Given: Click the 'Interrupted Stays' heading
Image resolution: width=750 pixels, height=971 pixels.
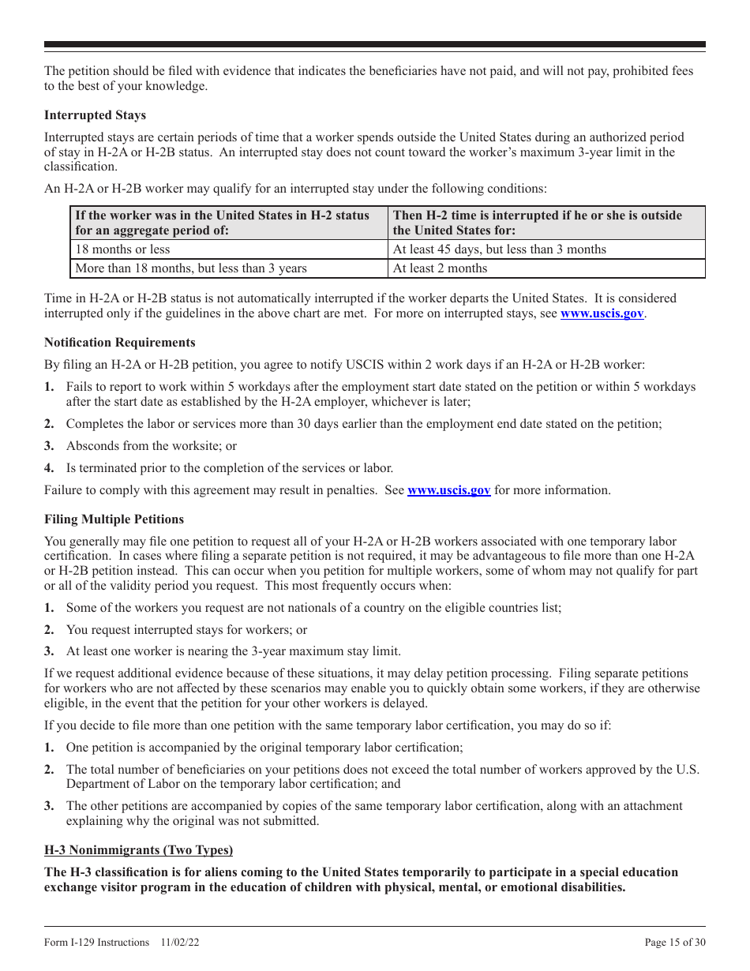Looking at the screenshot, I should (x=95, y=115).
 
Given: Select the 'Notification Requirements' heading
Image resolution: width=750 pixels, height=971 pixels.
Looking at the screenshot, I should (x=119, y=343).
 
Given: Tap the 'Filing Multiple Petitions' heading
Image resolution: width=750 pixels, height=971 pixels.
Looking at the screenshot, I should (x=114, y=519).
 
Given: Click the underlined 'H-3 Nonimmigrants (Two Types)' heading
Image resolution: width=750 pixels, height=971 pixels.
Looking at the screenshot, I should (x=138, y=850).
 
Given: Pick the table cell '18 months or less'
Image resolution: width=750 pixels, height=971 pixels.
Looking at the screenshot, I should (x=122, y=249).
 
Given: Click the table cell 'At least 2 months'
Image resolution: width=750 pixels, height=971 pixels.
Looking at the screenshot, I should (x=440, y=268).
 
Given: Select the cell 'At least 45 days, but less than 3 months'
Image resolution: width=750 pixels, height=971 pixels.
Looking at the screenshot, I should (x=499, y=249).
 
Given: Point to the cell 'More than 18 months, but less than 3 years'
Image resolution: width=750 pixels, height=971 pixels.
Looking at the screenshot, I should (x=191, y=268).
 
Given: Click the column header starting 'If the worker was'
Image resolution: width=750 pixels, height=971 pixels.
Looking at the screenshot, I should (x=222, y=223).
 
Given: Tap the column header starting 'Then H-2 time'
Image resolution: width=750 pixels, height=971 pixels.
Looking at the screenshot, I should (x=537, y=223).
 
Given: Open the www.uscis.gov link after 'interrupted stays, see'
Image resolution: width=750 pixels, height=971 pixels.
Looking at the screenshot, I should (x=602, y=313).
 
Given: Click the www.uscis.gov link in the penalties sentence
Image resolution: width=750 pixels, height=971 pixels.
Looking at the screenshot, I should (x=448, y=490).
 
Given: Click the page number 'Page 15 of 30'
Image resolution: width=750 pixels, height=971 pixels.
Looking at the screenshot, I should (x=675, y=942).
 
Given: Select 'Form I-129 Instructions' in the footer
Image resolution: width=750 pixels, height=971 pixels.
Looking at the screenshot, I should (x=96, y=942).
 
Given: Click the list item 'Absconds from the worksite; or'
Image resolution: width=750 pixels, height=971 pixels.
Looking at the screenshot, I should (x=151, y=446).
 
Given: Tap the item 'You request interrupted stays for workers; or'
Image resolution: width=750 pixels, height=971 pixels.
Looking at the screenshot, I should (x=186, y=630).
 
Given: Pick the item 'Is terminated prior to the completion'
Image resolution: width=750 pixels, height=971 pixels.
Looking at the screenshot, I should (x=229, y=468).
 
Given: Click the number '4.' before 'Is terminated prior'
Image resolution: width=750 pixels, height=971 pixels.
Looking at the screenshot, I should (x=50, y=468).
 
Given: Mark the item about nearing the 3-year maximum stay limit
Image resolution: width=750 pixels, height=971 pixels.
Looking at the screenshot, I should (x=233, y=652).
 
